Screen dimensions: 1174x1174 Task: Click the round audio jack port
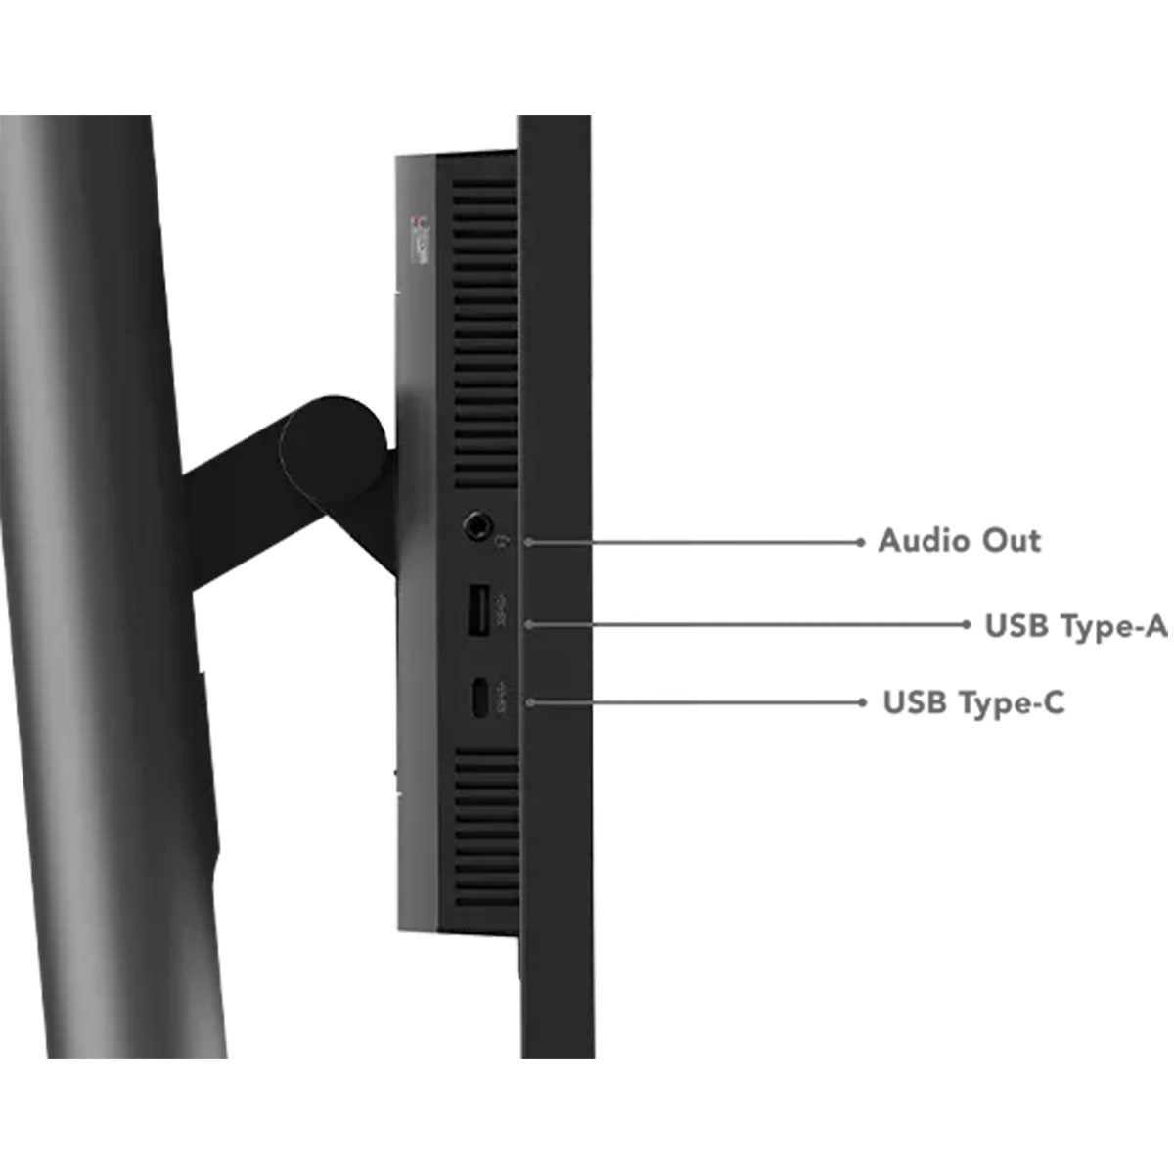point(477,525)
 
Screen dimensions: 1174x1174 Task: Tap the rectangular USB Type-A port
point(478,610)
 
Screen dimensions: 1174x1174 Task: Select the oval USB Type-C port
point(479,698)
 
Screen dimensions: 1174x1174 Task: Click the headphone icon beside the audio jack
point(505,540)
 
